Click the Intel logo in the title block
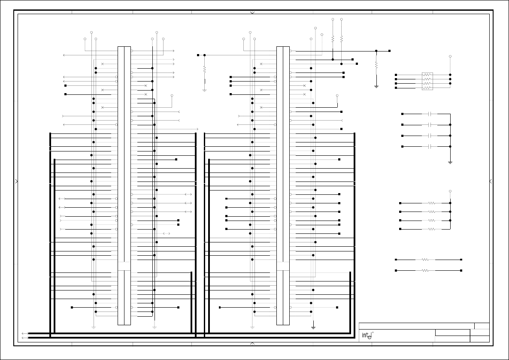(x=367, y=336)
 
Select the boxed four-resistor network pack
(x=427, y=81)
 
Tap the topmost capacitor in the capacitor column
(x=430, y=114)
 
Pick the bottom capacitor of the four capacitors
(x=430, y=146)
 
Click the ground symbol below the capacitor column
(x=450, y=162)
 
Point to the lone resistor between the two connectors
(x=204, y=69)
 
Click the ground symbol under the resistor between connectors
(x=204, y=90)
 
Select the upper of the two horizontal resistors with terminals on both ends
(x=425, y=260)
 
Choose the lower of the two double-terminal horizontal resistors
(x=425, y=270)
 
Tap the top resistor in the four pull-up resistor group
(x=431, y=203)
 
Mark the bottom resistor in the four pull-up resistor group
(x=431, y=229)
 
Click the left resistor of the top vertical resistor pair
(x=333, y=39)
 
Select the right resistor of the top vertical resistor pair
(x=342, y=39)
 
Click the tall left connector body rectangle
(x=124, y=185)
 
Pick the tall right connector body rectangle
(x=283, y=185)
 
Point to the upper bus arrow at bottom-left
(x=24, y=333)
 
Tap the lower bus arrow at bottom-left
(x=24, y=338)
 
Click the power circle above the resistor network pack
(x=450, y=56)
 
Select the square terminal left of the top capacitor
(x=403, y=114)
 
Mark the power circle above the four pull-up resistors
(x=450, y=191)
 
